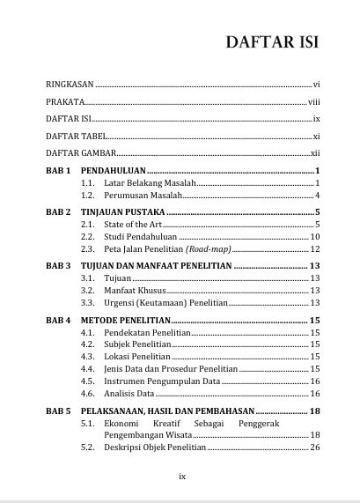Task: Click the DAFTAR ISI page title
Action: point(271,42)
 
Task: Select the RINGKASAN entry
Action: point(70,85)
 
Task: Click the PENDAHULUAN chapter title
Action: point(114,170)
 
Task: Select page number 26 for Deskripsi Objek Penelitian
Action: point(314,448)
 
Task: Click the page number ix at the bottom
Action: point(181,477)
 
